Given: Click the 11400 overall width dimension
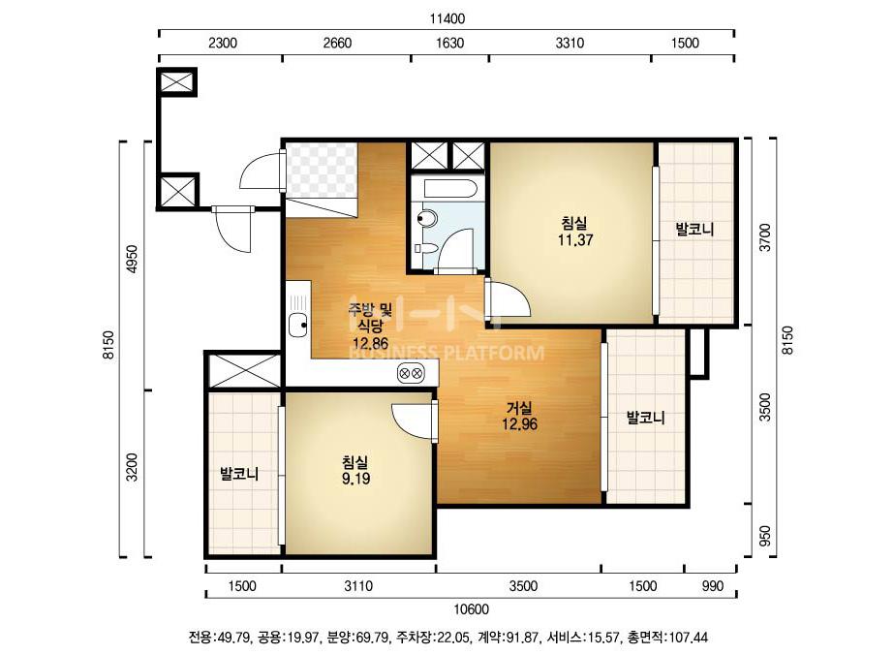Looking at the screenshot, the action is coord(447,18).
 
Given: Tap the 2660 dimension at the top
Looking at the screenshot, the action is coord(337,43).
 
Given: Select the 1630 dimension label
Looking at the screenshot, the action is coord(449,43).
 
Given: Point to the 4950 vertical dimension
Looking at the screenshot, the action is coord(133,261).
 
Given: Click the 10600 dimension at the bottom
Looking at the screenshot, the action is coord(472,609).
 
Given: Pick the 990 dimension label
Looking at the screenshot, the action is coord(713,586).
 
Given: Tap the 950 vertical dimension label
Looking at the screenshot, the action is coord(766,535).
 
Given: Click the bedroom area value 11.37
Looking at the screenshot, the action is coord(575,239).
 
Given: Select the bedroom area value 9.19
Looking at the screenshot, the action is coord(355,478).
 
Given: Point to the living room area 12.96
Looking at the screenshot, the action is coord(519,424).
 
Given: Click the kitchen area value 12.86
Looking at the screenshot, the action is coord(370,343).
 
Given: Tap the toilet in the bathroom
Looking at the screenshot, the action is coord(427,217).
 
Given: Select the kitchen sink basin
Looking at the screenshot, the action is coord(298,326).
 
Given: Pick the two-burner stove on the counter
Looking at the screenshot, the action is coord(411,373).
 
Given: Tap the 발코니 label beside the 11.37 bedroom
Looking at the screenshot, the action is coord(694,230).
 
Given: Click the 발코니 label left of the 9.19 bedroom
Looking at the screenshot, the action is coord(239,474).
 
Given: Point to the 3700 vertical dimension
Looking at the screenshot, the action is coord(766,237).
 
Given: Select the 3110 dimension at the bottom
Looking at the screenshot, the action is coord(358,586).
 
